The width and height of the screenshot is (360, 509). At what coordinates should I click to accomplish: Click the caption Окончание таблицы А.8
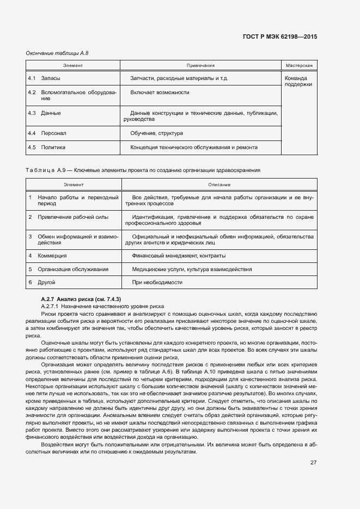tap(57, 53)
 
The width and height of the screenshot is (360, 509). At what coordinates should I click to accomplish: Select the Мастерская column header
tap(298, 65)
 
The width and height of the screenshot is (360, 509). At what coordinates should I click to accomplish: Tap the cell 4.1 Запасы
tap(45, 78)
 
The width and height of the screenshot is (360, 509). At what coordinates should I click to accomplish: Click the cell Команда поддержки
tap(298, 81)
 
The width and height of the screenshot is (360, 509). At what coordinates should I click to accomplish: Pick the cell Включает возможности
tap(160, 93)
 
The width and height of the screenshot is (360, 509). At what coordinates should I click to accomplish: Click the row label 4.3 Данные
tap(44, 113)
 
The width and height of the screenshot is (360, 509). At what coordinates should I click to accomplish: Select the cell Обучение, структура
tap(156, 133)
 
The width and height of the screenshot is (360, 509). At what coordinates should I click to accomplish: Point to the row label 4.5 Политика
tap(46, 147)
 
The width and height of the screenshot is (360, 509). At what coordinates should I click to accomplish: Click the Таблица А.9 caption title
tap(143, 170)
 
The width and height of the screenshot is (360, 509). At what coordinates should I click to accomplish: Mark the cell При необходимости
tap(157, 283)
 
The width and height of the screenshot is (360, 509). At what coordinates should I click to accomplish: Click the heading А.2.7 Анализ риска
tap(81, 299)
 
